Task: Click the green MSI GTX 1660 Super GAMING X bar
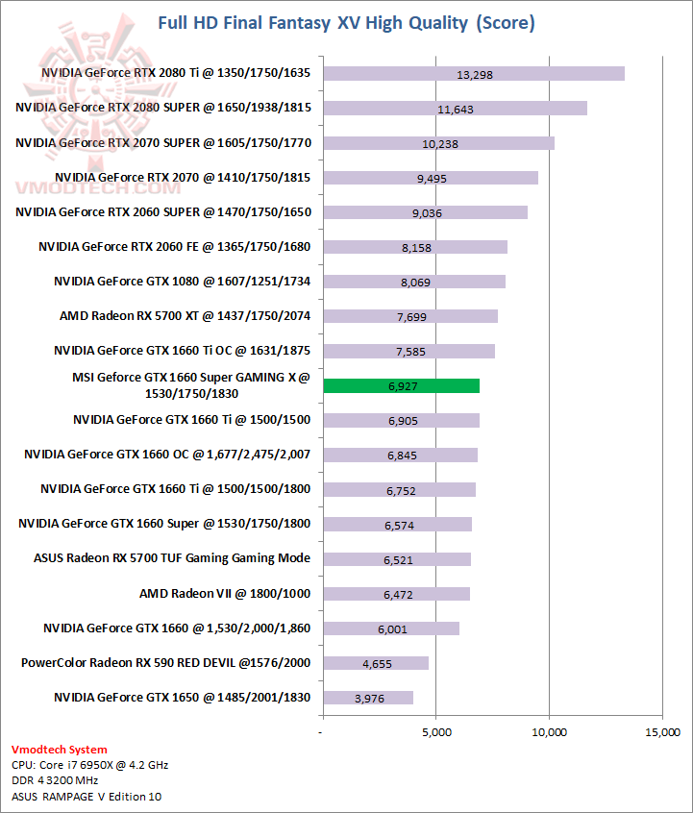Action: pyautogui.click(x=401, y=385)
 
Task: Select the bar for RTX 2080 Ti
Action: pyautogui.click(x=474, y=74)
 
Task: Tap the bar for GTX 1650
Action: pyautogui.click(x=368, y=698)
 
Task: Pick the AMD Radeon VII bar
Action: pyautogui.click(x=396, y=594)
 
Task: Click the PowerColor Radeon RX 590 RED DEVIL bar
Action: pyautogui.click(x=376, y=663)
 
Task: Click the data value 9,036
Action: pyautogui.click(x=426, y=213)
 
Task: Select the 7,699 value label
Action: pyautogui.click(x=410, y=317)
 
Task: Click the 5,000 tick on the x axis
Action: pyautogui.click(x=435, y=732)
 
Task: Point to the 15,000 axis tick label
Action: pyautogui.click(x=661, y=732)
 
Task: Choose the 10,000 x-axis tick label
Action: pyautogui.click(x=549, y=732)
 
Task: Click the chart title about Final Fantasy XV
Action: pyautogui.click(x=346, y=22)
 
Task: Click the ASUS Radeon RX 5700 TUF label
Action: pyautogui.click(x=172, y=558)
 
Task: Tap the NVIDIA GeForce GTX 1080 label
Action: pyautogui.click(x=183, y=282)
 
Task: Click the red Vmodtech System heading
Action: pyautogui.click(x=60, y=750)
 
